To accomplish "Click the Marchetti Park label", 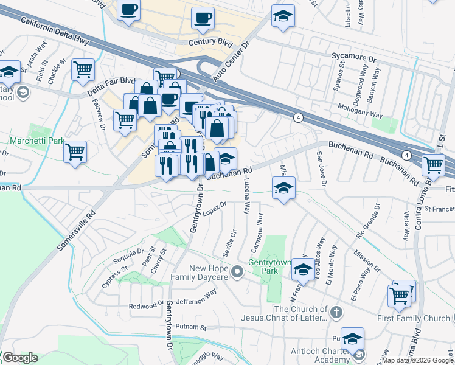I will pyautogui.click(x=37, y=141).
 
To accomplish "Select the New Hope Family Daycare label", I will pyautogui.click(x=208, y=273).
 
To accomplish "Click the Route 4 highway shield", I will pyautogui.click(x=298, y=117).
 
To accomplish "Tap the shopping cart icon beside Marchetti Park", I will pyautogui.click(x=75, y=151).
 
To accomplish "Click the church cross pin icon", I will pyautogui.click(x=338, y=313).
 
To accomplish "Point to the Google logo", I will pyautogui.click(x=20, y=358).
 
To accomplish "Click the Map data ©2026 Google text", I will pyautogui.click(x=417, y=360).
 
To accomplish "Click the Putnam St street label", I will pyautogui.click(x=190, y=327).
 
